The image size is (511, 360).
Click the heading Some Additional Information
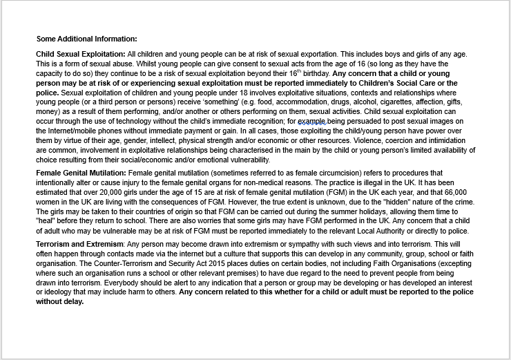[x=86, y=39]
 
